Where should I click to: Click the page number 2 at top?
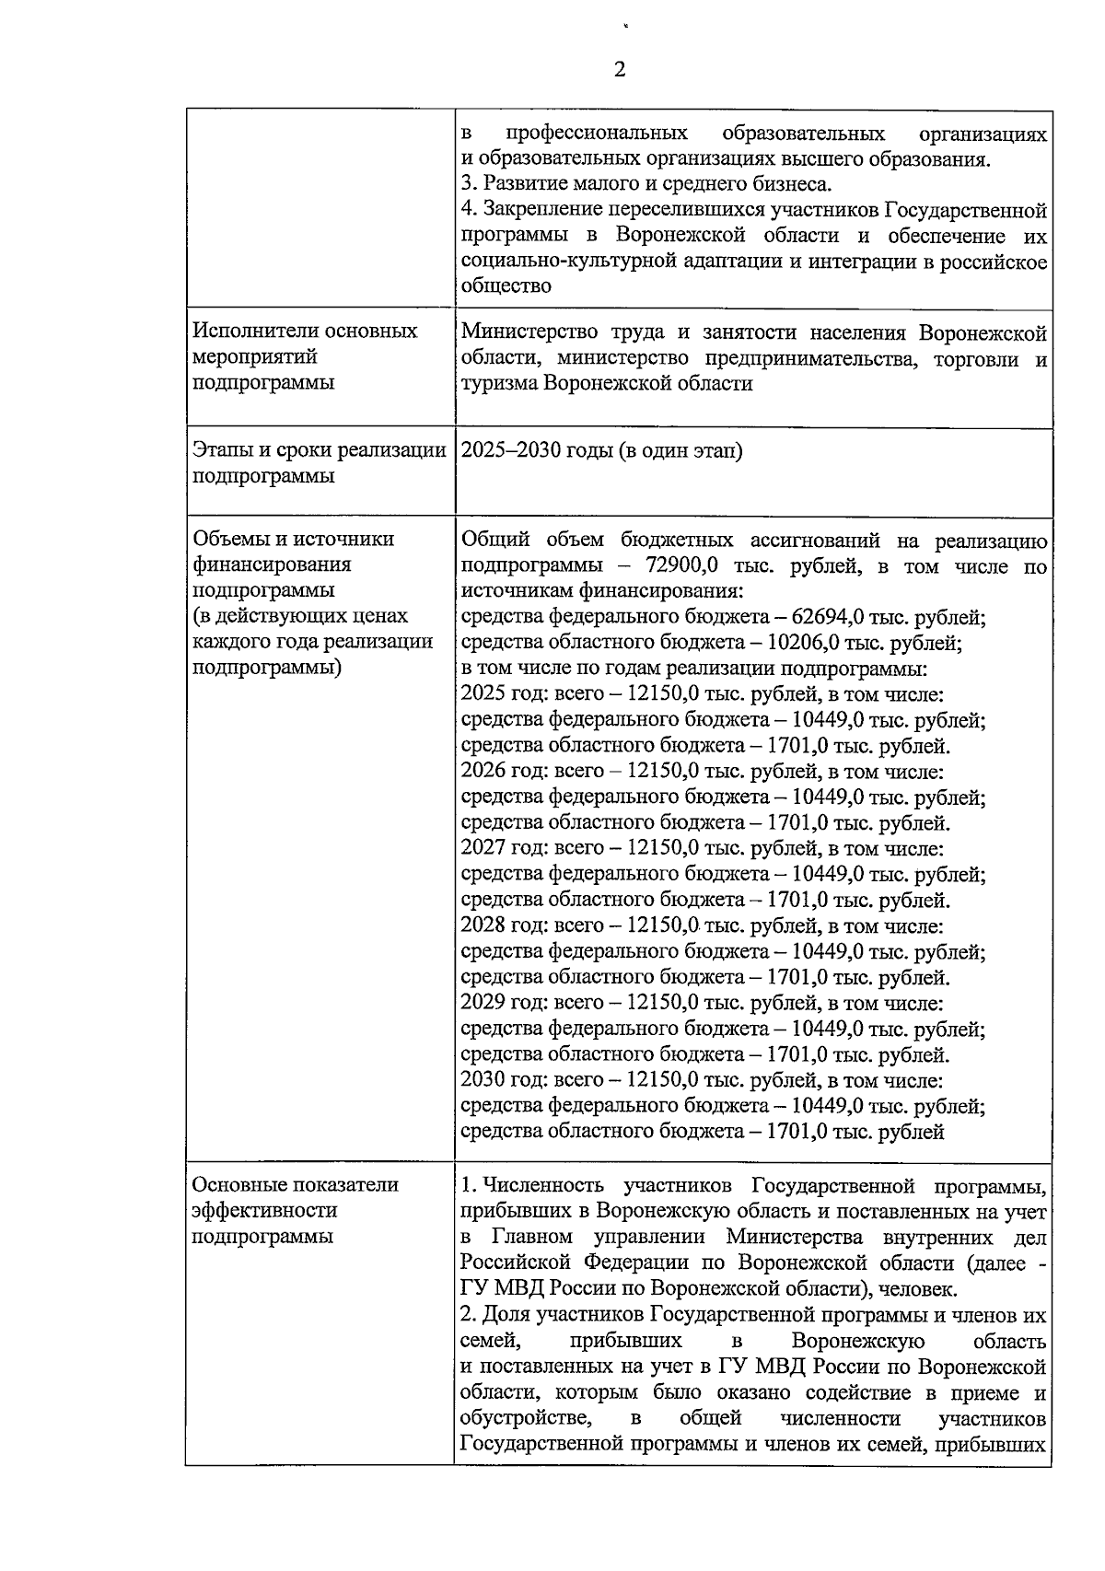click(x=619, y=70)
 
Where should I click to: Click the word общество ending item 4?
click(x=506, y=286)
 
